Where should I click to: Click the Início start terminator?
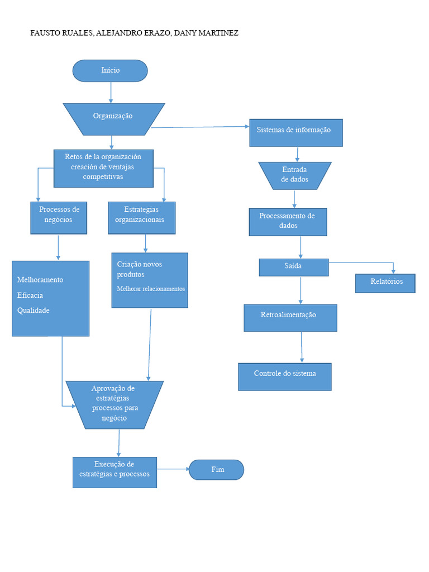click(x=110, y=71)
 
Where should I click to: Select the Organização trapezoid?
click(x=114, y=120)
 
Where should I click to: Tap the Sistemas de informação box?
click(x=296, y=133)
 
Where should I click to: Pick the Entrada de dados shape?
click(x=295, y=176)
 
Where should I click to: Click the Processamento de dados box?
click(x=288, y=222)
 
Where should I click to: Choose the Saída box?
click(x=294, y=268)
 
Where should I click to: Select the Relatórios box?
click(x=385, y=283)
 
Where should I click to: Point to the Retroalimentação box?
click(x=290, y=318)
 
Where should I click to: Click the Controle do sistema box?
click(x=285, y=377)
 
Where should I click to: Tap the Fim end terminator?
click(x=216, y=470)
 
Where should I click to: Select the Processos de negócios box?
click(x=59, y=218)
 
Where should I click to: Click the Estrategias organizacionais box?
click(x=142, y=218)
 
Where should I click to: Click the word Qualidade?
click(x=33, y=311)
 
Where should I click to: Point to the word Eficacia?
click(x=30, y=295)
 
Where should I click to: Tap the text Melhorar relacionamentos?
click(x=151, y=289)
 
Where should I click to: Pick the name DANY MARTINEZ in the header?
click(x=206, y=33)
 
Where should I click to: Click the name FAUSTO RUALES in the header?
click(x=61, y=33)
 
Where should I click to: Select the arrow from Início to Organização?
click(x=111, y=92)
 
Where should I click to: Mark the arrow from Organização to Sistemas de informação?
click(x=200, y=127)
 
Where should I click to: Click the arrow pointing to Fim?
click(x=173, y=469)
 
